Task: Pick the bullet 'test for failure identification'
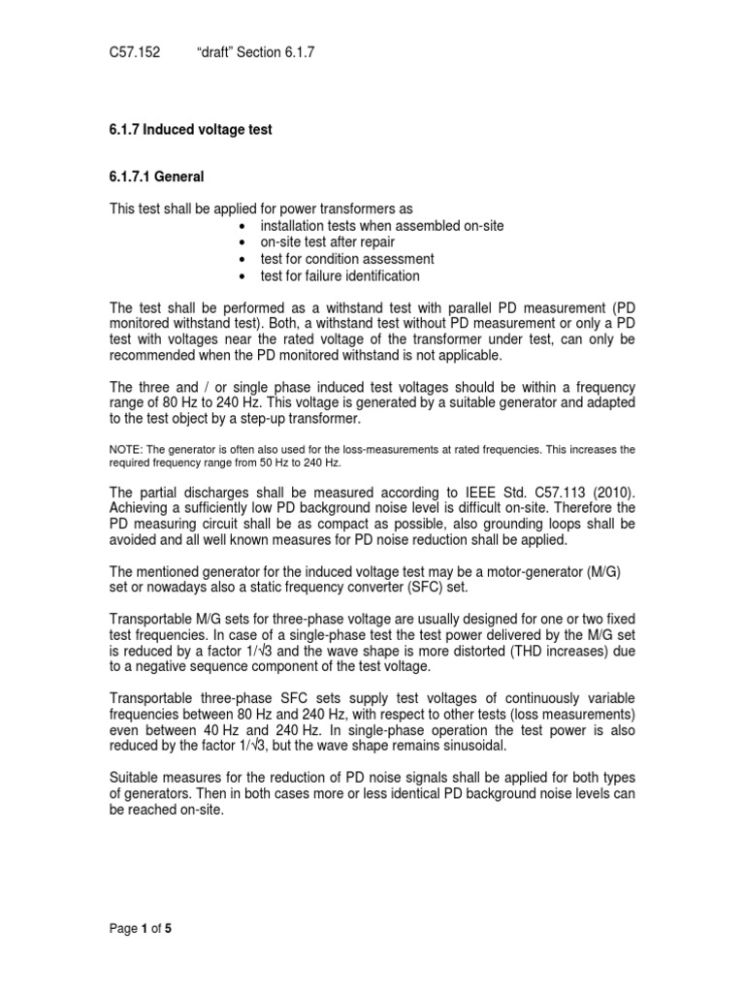click(x=340, y=276)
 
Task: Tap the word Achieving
click(x=141, y=506)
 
